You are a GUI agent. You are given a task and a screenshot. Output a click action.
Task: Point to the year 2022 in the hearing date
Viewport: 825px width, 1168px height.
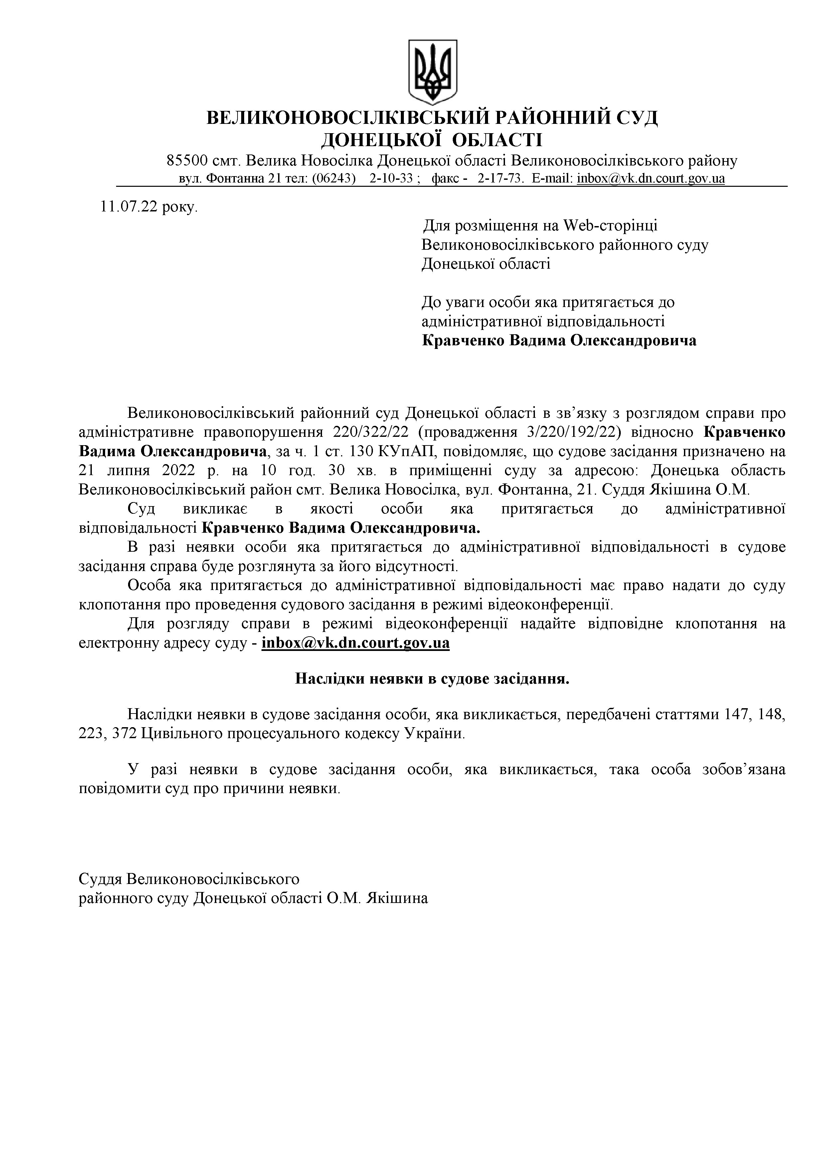tap(178, 470)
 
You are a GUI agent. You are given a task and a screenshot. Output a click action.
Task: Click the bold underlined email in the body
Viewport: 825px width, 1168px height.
tap(355, 644)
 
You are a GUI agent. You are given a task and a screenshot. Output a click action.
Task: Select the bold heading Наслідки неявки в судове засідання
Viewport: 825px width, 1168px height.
tap(432, 679)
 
